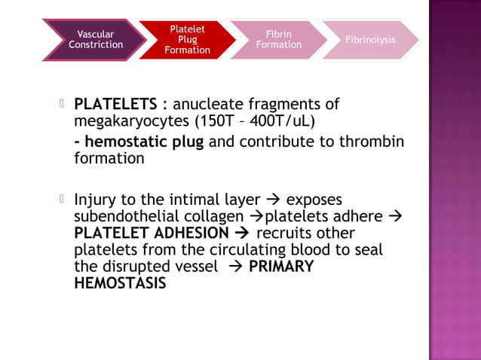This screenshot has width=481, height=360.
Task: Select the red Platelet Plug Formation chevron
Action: click(187, 39)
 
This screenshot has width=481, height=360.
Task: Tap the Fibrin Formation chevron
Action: click(278, 39)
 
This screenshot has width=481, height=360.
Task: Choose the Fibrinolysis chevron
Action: click(369, 39)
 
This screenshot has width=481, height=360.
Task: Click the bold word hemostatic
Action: click(125, 142)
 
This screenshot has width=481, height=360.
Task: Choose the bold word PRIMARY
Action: click(280, 267)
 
